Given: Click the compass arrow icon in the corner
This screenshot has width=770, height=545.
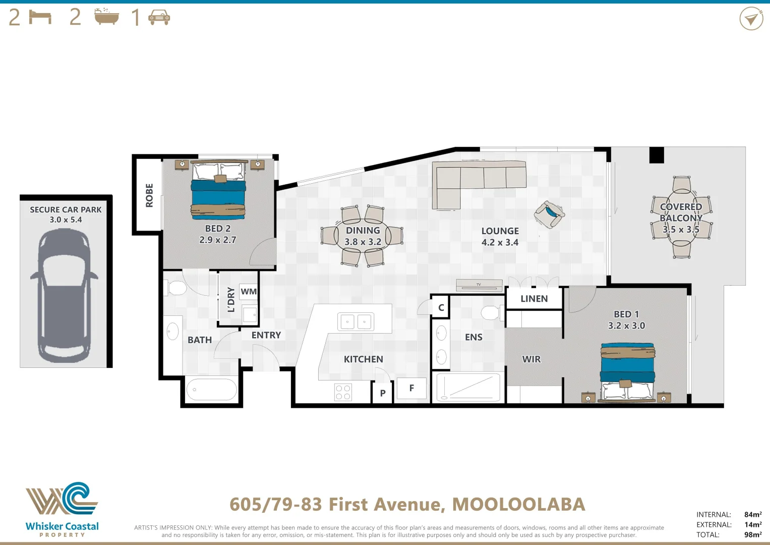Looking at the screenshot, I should (751, 19).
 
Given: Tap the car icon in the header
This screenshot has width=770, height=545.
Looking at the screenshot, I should (159, 18).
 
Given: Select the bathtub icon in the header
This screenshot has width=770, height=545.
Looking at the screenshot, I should (107, 17).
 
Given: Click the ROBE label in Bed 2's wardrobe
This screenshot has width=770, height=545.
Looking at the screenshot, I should (149, 195).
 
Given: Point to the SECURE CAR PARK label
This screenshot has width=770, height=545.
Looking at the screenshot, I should (66, 209).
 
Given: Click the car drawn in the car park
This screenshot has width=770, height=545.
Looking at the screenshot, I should (64, 295).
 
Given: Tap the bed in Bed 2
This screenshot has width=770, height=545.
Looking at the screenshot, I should (218, 191).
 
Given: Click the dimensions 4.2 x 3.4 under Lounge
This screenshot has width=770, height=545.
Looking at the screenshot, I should (500, 242).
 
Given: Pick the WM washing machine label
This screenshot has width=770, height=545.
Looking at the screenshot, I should (249, 292).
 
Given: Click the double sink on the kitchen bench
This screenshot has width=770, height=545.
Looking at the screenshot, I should (356, 321).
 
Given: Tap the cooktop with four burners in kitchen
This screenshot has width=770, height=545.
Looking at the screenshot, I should (343, 392).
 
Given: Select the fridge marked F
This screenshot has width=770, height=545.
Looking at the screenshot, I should (411, 388).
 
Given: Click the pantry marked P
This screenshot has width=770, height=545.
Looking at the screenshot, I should (383, 393).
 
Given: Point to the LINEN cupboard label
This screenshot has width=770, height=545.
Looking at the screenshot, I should (534, 299).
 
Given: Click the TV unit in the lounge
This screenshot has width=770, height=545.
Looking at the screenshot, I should (479, 285).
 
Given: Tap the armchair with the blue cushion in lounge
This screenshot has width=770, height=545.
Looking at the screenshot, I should (549, 214).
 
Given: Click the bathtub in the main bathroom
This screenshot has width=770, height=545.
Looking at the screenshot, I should (212, 390).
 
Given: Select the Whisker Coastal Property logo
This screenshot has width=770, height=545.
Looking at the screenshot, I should (62, 509).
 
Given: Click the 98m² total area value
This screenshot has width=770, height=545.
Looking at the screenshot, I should (752, 534).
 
